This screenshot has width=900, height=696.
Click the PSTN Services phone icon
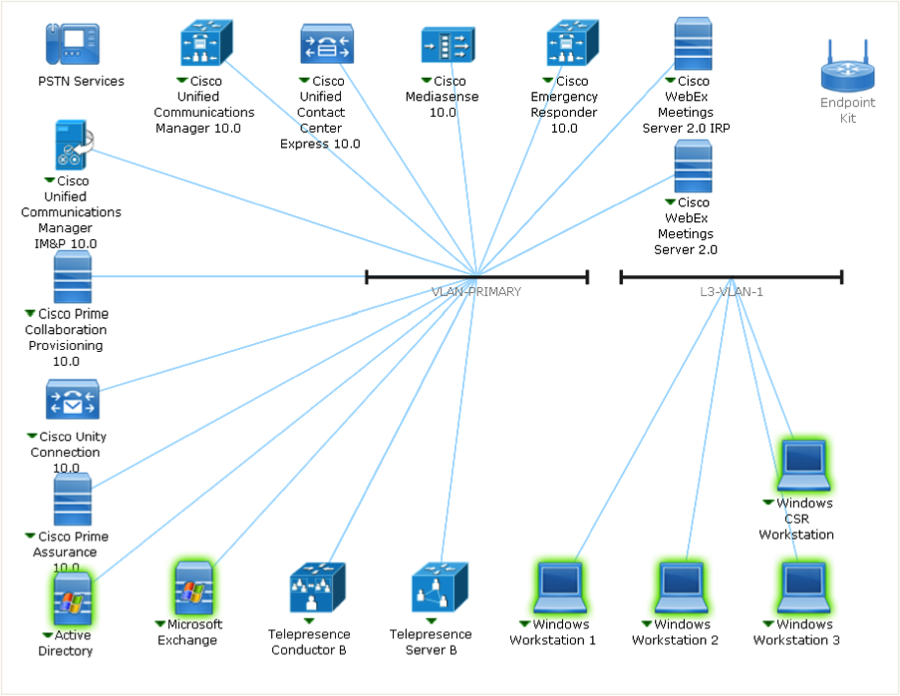pyautogui.click(x=72, y=44)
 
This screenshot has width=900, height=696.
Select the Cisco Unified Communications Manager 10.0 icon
pyautogui.click(x=204, y=44)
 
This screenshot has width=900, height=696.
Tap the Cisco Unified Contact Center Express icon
pyautogui.click(x=327, y=45)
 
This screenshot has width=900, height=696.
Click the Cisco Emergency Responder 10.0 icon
pyautogui.click(x=571, y=45)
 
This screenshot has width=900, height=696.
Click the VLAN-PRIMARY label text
pyautogui.click(x=476, y=292)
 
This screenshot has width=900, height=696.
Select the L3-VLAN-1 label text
pyautogui.click(x=731, y=292)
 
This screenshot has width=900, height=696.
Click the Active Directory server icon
pyautogui.click(x=72, y=597)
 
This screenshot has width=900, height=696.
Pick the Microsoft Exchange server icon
pyautogui.click(x=193, y=588)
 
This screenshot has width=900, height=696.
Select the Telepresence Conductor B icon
pyautogui.click(x=316, y=588)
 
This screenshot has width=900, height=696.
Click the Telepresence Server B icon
pyautogui.click(x=439, y=588)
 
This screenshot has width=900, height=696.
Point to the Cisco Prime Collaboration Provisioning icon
pyautogui.click(x=73, y=276)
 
